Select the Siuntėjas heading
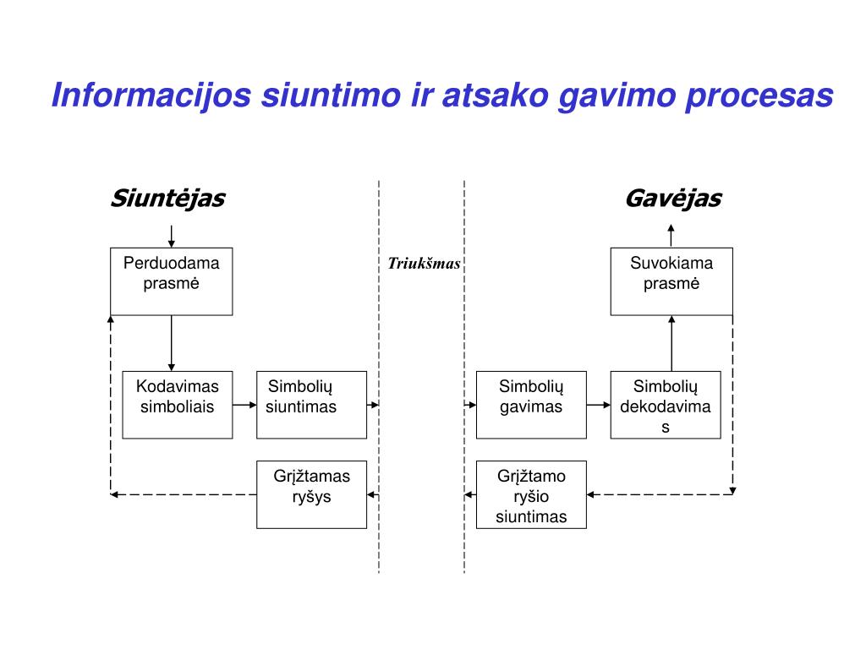click(167, 199)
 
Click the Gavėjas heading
click(672, 199)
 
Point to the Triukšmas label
click(424, 264)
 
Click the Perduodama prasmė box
click(171, 281)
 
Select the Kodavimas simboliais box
click(177, 404)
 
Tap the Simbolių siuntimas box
click(311, 404)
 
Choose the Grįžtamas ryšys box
click(311, 494)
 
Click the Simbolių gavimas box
click(531, 404)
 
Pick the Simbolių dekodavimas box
click(666, 404)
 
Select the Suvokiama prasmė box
click(671, 281)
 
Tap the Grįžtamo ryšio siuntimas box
click(531, 494)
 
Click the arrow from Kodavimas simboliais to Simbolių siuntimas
click(244, 405)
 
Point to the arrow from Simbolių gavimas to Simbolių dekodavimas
click(598, 405)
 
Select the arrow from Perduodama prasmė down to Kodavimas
click(172, 343)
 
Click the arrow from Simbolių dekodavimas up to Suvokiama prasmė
click(672, 343)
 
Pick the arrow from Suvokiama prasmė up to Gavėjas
click(671, 236)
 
